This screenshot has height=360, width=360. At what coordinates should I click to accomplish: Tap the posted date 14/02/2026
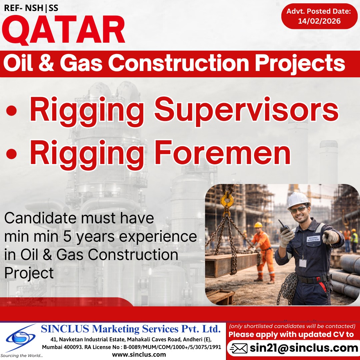(x=319, y=21)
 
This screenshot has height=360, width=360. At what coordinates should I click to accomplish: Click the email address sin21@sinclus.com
(x=304, y=348)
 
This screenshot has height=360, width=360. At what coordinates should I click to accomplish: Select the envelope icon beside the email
(x=239, y=349)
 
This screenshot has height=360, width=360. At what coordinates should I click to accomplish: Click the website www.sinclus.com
(x=139, y=354)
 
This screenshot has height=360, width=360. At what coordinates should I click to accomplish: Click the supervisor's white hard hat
(x=298, y=199)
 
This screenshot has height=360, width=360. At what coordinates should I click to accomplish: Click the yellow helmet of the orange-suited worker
(x=258, y=225)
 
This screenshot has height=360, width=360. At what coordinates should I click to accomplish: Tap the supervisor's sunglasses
(x=299, y=209)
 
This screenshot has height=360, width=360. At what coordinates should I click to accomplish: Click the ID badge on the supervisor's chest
(x=303, y=262)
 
